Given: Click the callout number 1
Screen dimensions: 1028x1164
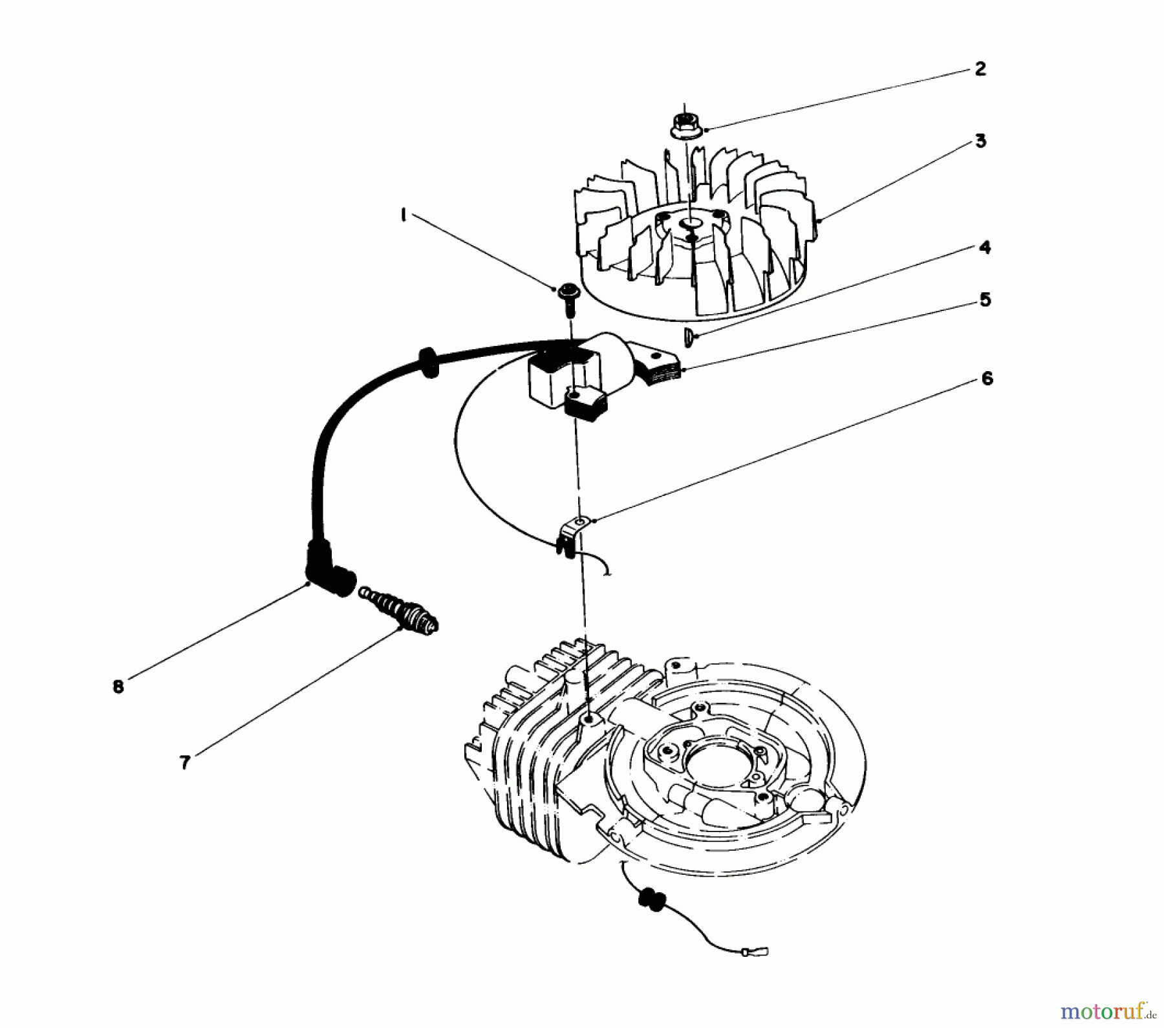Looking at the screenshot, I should [x=404, y=215].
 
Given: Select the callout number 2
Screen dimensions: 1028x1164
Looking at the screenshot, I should [x=980, y=69].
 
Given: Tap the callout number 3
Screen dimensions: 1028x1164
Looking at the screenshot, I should [x=980, y=141].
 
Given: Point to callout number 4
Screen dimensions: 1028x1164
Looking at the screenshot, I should [x=984, y=248].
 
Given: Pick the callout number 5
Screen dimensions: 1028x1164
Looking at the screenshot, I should [x=985, y=300].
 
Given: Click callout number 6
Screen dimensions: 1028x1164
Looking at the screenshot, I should [x=987, y=378].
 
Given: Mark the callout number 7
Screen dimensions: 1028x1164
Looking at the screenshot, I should [x=185, y=763].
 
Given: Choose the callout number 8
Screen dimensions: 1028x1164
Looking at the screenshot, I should [x=118, y=687].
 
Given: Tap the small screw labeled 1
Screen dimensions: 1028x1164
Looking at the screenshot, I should [x=568, y=296].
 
